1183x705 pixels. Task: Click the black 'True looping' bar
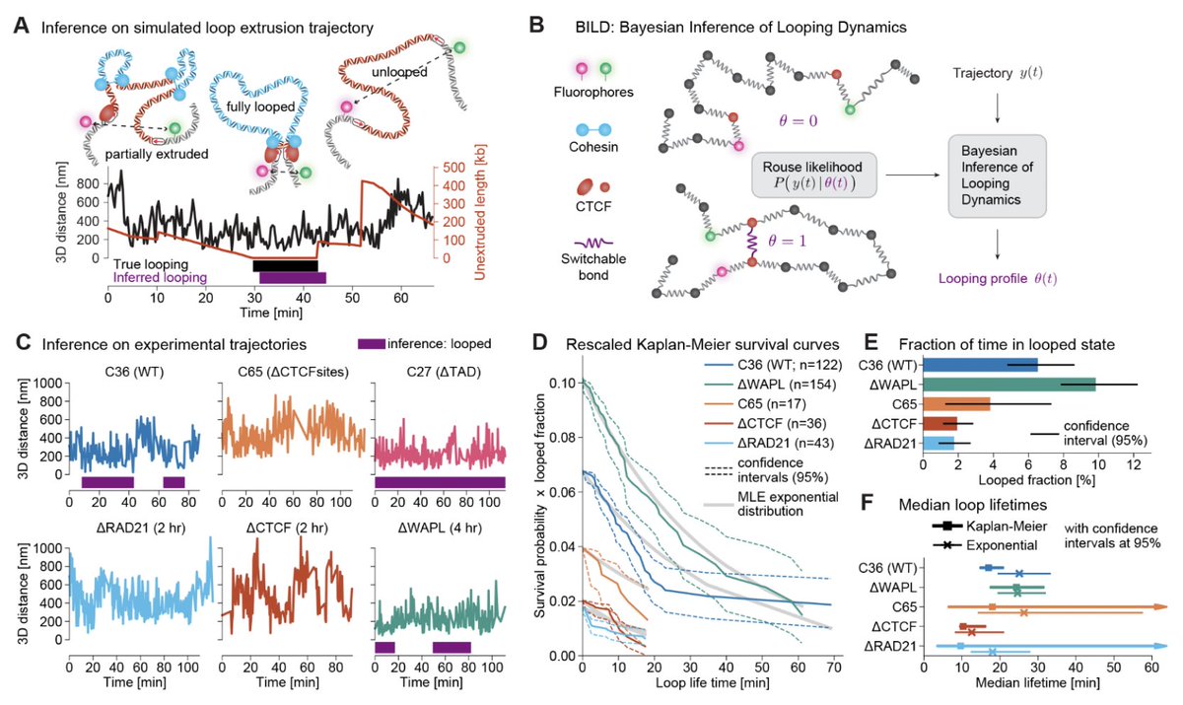tap(286, 265)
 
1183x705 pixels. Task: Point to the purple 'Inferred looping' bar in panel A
tap(293, 279)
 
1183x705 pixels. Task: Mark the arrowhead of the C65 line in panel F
tap(1161, 606)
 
